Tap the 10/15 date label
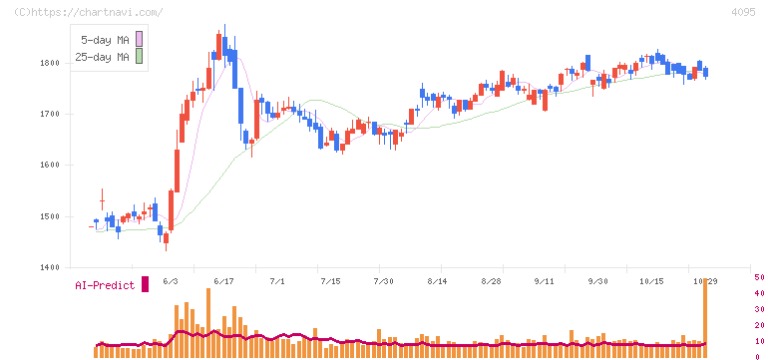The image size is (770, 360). (x=651, y=281)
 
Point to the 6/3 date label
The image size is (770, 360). (x=171, y=281)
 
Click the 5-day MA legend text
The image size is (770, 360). (x=105, y=40)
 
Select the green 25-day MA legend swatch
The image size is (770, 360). (x=139, y=56)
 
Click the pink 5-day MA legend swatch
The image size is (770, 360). (x=139, y=39)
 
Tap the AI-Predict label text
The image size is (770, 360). (x=105, y=285)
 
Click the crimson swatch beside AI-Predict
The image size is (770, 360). (x=145, y=284)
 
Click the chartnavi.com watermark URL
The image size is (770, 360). (x=89, y=12)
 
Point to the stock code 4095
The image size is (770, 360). (x=743, y=12)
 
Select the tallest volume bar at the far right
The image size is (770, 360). (x=705, y=318)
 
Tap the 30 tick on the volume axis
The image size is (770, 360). (x=759, y=309)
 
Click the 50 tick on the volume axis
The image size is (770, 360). (x=759, y=277)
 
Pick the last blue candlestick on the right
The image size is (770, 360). (x=706, y=72)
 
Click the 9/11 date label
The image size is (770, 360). (x=545, y=281)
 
